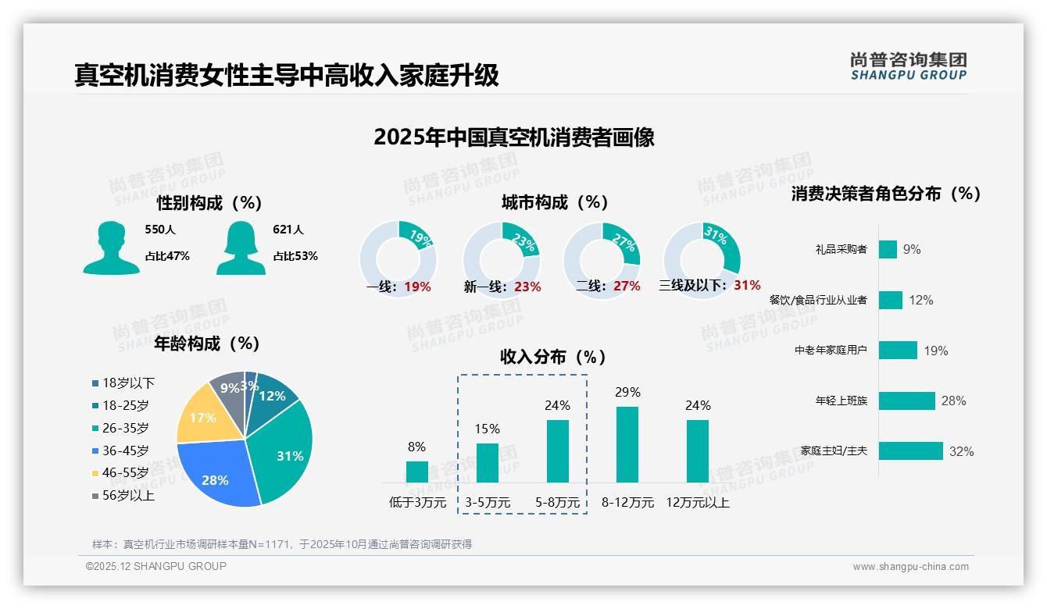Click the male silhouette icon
[x=111, y=248]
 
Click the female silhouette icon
[x=241, y=248]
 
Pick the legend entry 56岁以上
[x=123, y=495]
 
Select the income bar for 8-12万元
[x=627, y=444]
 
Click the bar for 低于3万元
[x=416, y=472]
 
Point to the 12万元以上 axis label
[x=698, y=503]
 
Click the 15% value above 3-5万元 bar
[x=488, y=429]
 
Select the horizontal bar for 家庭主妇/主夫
[x=911, y=451]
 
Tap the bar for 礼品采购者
[x=888, y=249]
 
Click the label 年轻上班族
[x=841, y=401]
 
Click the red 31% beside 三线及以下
[x=747, y=285]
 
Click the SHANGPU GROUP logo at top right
[x=908, y=66]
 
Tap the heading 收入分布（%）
[x=553, y=357]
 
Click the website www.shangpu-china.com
[x=910, y=567]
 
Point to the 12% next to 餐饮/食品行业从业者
[x=920, y=300]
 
